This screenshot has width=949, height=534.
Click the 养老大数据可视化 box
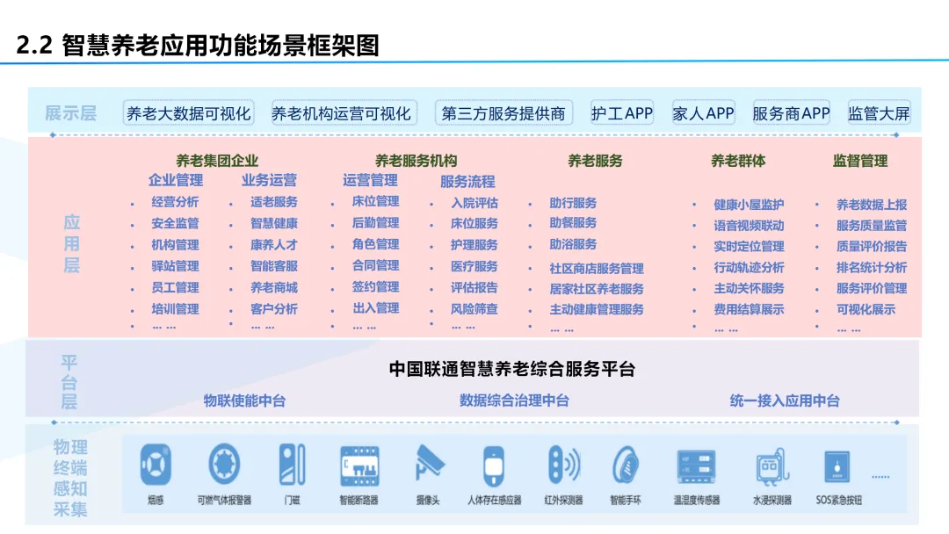[x=189, y=113]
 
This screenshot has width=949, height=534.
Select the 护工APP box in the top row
[x=622, y=113]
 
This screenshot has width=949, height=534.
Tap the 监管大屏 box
[x=879, y=113]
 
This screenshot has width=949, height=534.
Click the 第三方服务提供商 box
[x=503, y=113]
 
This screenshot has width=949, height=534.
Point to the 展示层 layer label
[x=70, y=113]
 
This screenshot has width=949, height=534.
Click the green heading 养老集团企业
[x=217, y=160]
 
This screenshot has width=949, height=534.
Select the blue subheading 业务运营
[x=269, y=180]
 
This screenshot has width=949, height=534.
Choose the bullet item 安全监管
[x=175, y=223]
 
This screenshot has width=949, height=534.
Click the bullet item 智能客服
[x=274, y=266]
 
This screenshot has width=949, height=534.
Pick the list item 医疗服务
[x=474, y=266]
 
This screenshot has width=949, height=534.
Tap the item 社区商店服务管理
[x=597, y=268]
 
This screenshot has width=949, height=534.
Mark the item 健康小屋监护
[x=749, y=205]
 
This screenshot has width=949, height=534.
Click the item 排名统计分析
[x=872, y=268]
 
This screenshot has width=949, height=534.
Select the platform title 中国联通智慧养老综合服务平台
[x=511, y=369]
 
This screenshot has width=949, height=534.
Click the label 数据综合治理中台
[x=514, y=400]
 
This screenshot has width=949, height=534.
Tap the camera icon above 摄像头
[x=429, y=464]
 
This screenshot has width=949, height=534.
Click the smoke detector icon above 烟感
[x=156, y=464]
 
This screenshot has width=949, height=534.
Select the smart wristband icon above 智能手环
[x=625, y=464]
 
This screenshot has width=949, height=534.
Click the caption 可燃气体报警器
[x=224, y=501]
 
